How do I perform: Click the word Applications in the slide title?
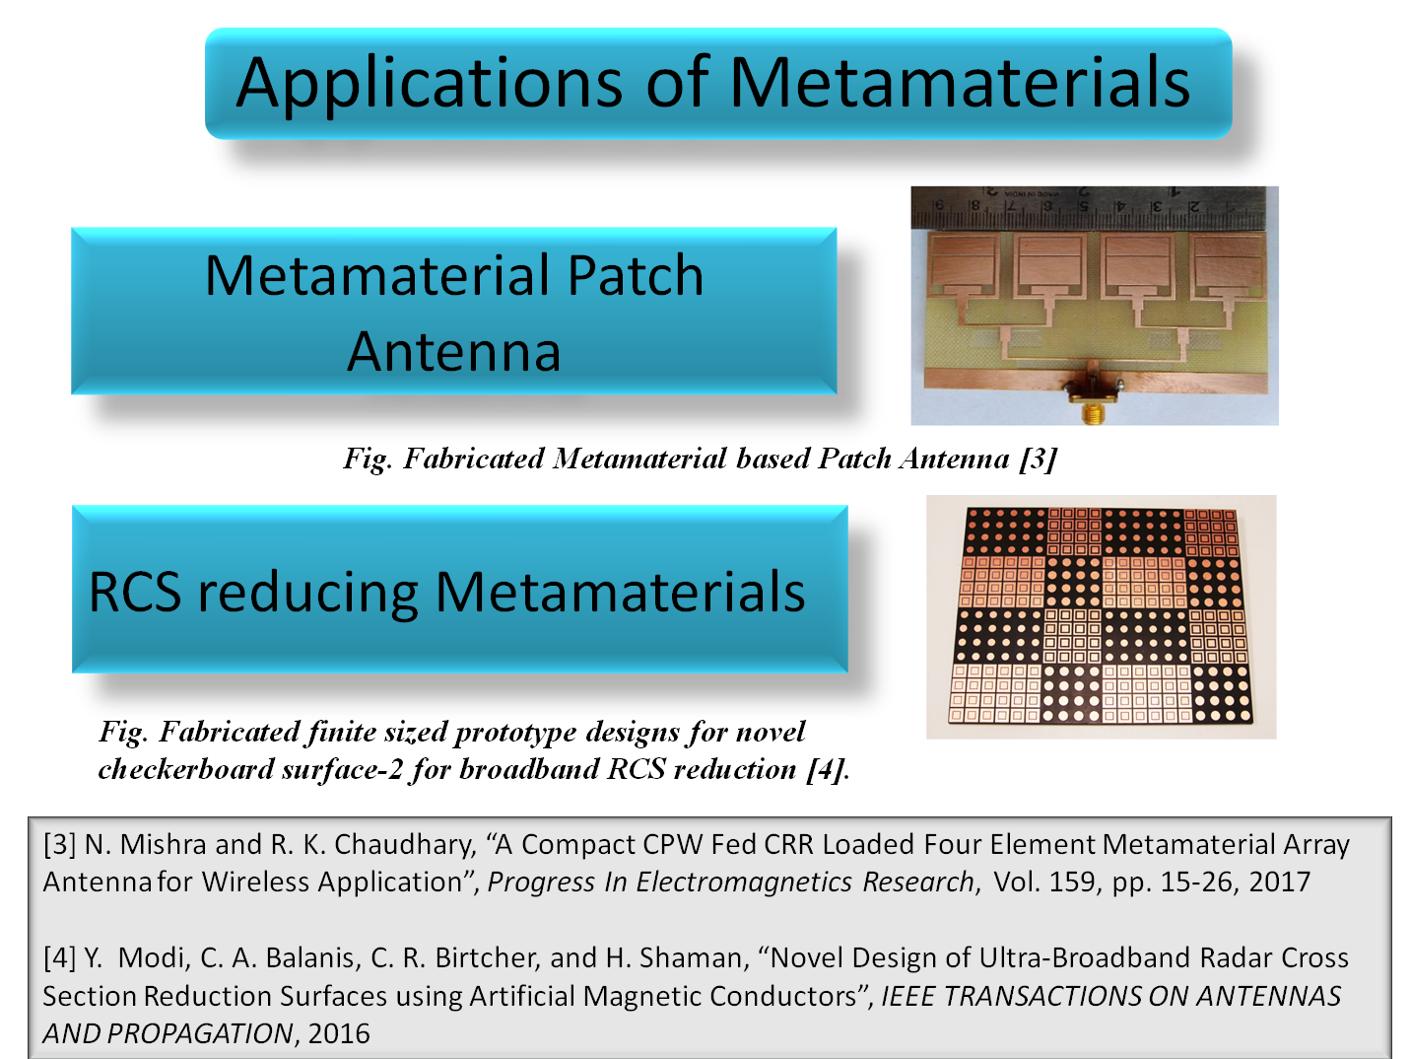429,84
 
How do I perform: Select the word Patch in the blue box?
636,275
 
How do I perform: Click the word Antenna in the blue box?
453,351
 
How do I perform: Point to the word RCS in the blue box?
135,592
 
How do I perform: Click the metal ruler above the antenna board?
1094,207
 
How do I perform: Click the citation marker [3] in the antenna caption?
1038,459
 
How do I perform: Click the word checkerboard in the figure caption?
185,769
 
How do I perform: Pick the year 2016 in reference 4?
339,1034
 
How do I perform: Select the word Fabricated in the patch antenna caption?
474,459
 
